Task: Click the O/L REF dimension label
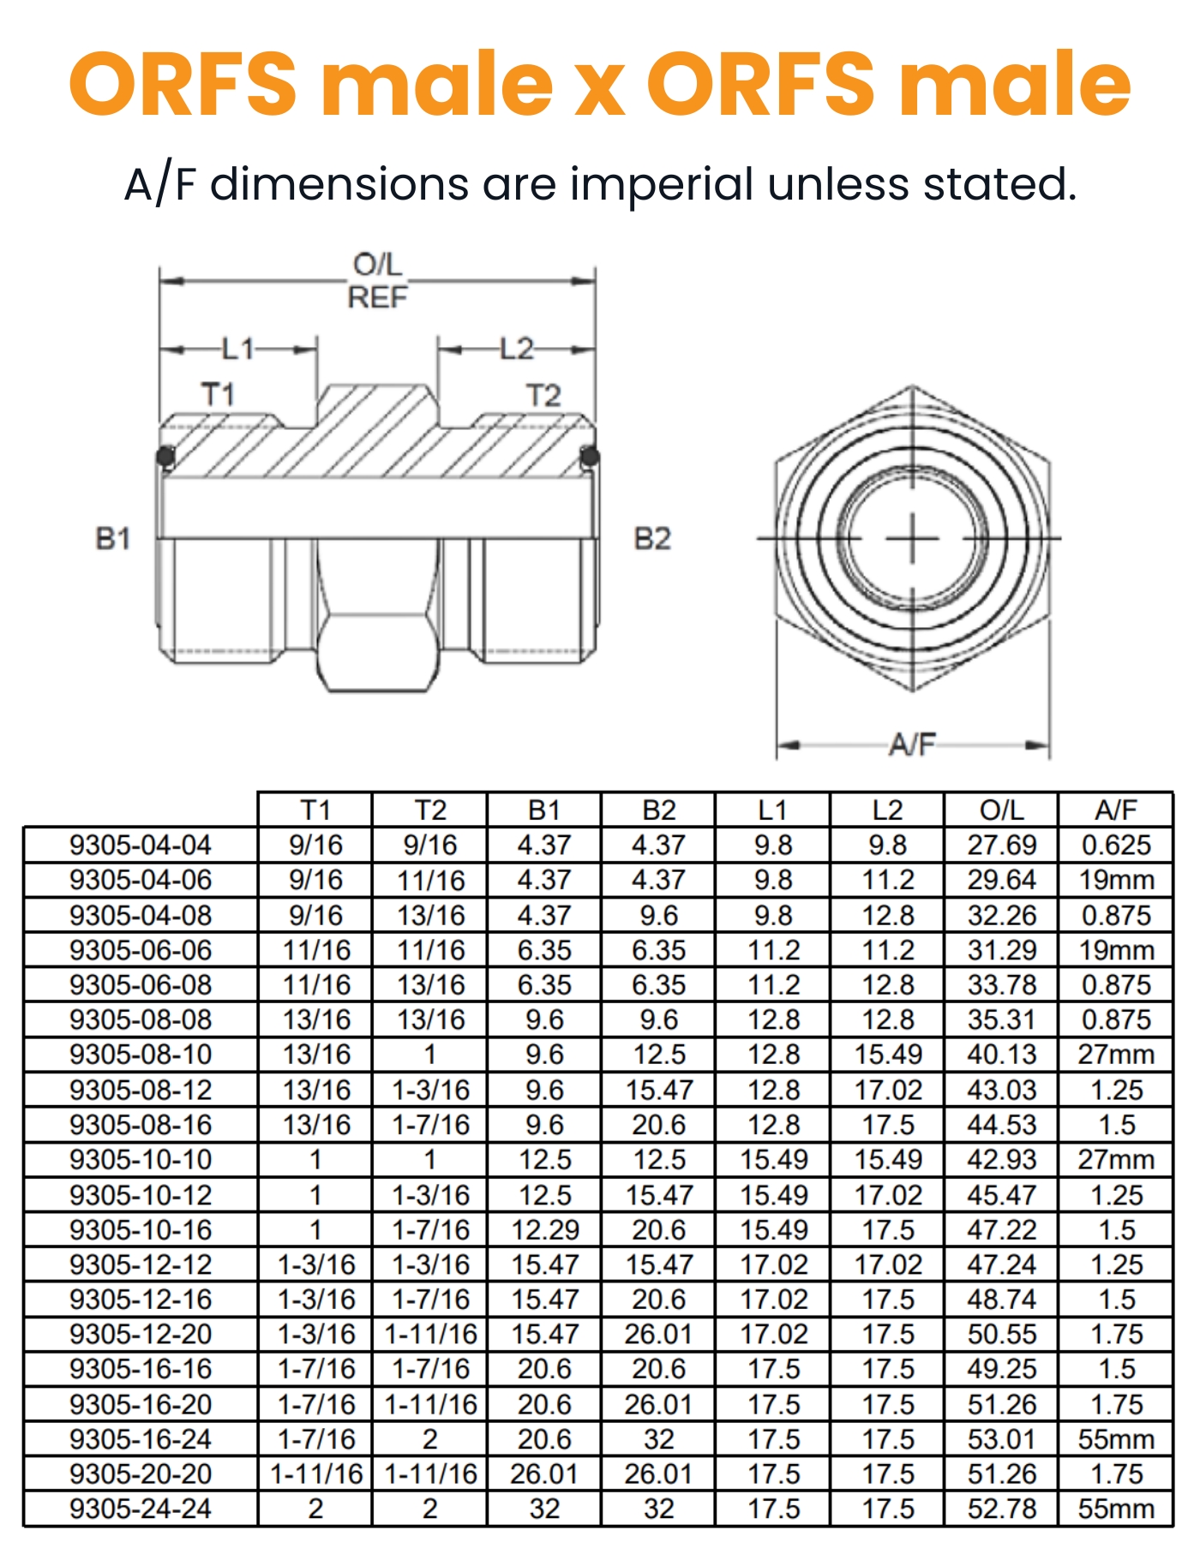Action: (x=378, y=281)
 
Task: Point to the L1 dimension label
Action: (x=238, y=349)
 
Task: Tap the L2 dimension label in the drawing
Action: (x=517, y=349)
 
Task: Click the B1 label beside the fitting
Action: (x=113, y=539)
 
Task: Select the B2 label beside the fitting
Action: (x=652, y=539)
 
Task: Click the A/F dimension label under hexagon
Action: (x=912, y=744)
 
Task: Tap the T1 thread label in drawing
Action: (x=218, y=395)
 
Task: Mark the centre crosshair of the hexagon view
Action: (x=912, y=539)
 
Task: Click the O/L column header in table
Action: (x=1001, y=810)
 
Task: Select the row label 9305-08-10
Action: (x=141, y=1055)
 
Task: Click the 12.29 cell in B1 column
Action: (x=545, y=1229)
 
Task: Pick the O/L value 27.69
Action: (x=1001, y=846)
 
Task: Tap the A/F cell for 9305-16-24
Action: (x=1116, y=1439)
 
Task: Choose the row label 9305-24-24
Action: (x=141, y=1509)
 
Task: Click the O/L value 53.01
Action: (x=1001, y=1439)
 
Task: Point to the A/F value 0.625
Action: (x=1116, y=846)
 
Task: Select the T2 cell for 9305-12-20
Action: (x=430, y=1335)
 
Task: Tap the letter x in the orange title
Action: (x=599, y=88)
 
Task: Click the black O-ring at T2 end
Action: (x=590, y=456)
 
